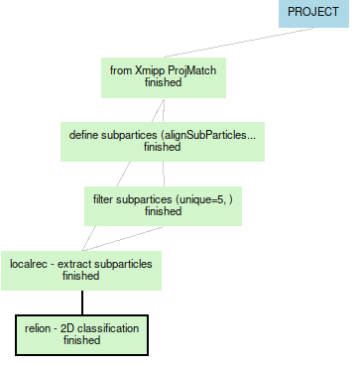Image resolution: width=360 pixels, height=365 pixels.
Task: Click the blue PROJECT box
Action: tap(312, 14)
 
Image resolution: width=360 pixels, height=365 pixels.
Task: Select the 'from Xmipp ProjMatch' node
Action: tap(164, 76)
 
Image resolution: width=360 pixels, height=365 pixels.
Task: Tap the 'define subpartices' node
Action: tap(163, 140)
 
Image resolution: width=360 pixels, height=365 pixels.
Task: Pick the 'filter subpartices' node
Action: tap(163, 204)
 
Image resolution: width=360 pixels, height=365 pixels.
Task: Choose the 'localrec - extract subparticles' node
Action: tap(80, 269)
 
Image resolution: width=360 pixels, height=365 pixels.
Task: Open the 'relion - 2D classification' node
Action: tap(81, 333)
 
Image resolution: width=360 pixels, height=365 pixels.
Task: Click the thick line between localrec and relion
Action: tap(81, 302)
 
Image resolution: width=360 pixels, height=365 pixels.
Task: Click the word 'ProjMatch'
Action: tap(192, 70)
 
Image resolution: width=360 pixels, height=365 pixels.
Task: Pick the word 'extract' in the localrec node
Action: tap(76, 263)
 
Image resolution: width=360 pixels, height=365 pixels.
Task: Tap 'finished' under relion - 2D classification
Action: tap(81, 340)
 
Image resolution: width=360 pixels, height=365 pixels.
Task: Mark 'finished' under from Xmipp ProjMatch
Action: tap(163, 83)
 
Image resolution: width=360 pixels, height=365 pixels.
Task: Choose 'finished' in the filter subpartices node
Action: tap(163, 211)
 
